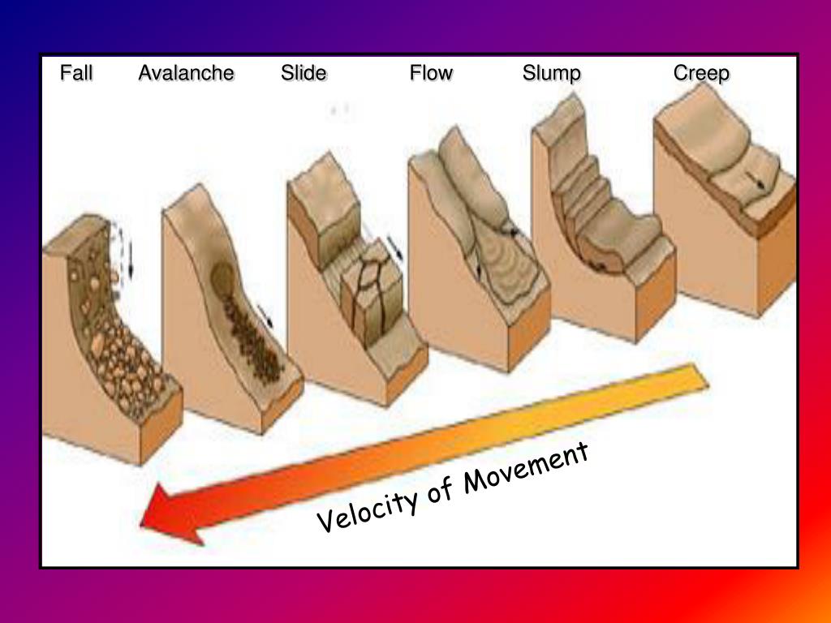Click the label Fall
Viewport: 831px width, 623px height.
tap(76, 74)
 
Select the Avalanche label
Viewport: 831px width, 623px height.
tap(186, 74)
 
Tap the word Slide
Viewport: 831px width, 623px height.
tap(304, 74)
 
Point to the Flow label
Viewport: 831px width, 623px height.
tap(431, 74)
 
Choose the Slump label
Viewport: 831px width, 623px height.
tap(552, 74)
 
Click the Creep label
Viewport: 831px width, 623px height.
tap(701, 74)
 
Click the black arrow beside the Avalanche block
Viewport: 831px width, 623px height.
tap(265, 316)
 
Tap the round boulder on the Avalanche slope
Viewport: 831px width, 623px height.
tap(221, 278)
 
